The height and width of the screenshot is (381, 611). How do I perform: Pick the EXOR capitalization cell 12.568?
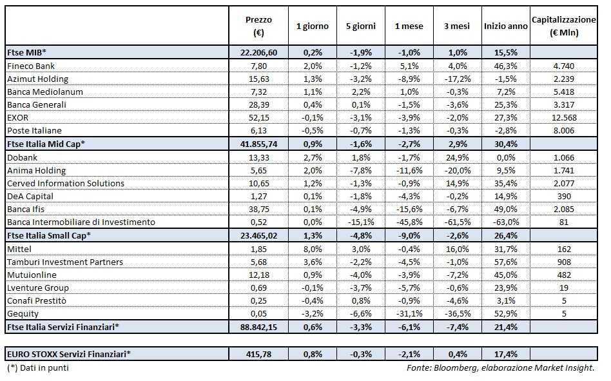565,118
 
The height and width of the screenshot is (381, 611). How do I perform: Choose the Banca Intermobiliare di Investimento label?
81,222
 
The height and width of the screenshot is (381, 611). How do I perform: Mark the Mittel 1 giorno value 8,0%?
312,249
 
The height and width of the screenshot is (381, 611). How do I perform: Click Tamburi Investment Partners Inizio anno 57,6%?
506,262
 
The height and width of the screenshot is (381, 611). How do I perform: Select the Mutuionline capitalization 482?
565,275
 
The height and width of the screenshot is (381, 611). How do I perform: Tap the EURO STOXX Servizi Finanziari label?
68,353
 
